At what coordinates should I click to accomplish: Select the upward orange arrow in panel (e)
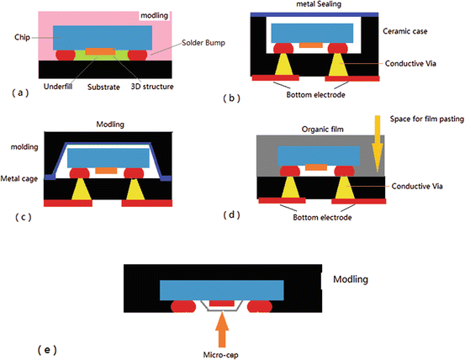(x=222, y=321)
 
